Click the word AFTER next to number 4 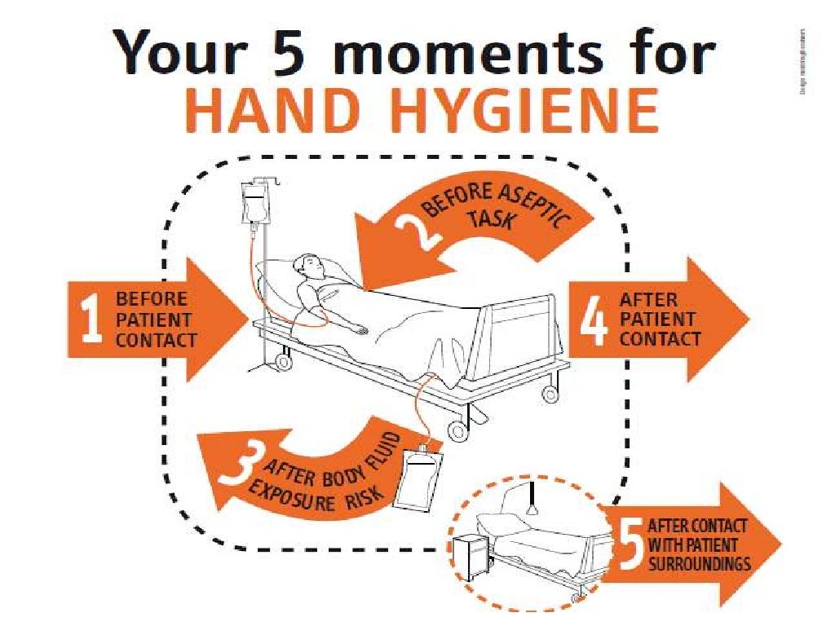[647, 300]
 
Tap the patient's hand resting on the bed [358, 329]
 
